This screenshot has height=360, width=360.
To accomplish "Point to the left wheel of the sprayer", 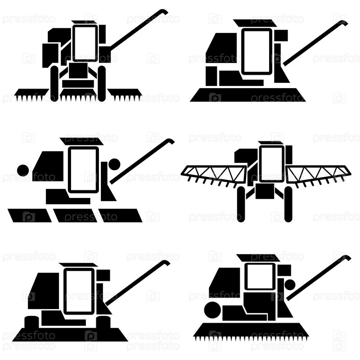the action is tap(241, 204).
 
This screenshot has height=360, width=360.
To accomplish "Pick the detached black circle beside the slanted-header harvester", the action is tap(23, 170).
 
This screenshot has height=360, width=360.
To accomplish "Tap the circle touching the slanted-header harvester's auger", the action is tap(114, 164).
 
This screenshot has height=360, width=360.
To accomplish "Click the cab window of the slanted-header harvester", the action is tap(84, 170).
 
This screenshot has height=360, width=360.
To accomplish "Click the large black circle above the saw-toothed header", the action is tap(212, 310).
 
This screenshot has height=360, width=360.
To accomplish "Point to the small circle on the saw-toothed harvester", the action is tap(290, 285).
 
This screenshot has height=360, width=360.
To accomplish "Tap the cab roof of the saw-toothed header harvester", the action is tap(258, 258).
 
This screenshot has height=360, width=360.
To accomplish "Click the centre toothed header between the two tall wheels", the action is tap(78, 95).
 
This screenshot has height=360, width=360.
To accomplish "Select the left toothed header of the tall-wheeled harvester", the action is tap(31, 94).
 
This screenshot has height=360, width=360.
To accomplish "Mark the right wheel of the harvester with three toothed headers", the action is tap(102, 84).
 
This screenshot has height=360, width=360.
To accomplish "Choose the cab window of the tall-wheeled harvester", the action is tap(85, 43).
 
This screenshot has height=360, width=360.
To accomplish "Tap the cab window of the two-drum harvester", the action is tap(79, 291).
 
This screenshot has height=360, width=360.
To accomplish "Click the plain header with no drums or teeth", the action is tap(248, 94).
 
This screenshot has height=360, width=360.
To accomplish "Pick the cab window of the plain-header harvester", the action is tap(257, 51).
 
